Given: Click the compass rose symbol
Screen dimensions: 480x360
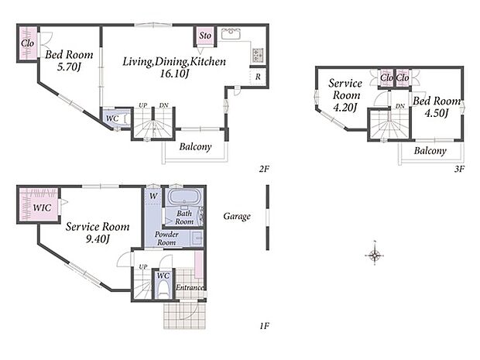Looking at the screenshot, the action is click(375, 255).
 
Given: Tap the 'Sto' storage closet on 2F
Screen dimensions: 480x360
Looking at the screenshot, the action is click(205, 36).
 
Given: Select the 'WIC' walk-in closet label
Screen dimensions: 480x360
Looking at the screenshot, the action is click(42, 207).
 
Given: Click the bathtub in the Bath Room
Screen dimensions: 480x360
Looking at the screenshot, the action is click(185, 196).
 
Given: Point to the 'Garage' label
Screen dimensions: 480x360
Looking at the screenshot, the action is click(237, 217).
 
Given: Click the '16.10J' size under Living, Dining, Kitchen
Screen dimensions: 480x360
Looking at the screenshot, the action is click(174, 74).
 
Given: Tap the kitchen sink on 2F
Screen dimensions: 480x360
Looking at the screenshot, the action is click(231, 33).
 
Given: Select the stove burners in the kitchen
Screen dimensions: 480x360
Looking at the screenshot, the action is click(257, 55).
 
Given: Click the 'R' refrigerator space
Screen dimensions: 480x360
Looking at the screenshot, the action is click(258, 77).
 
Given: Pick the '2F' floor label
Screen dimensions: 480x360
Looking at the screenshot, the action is click(263, 169).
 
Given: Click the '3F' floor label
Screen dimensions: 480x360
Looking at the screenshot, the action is click(459, 169).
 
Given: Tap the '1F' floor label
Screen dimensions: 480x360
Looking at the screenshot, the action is click(264, 326).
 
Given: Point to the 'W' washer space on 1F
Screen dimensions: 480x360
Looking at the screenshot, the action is click(153, 196).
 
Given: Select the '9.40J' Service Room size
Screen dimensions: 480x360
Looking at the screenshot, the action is click(98, 238).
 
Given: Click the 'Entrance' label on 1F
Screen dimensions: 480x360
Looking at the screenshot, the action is click(190, 287).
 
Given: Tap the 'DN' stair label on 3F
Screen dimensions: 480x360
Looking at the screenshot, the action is click(400, 106).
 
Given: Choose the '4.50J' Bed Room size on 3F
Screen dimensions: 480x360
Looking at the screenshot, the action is click(436, 113).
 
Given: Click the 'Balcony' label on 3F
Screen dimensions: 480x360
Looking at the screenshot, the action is click(430, 151).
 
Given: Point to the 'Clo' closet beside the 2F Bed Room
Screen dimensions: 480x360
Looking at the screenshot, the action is click(28, 43).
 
